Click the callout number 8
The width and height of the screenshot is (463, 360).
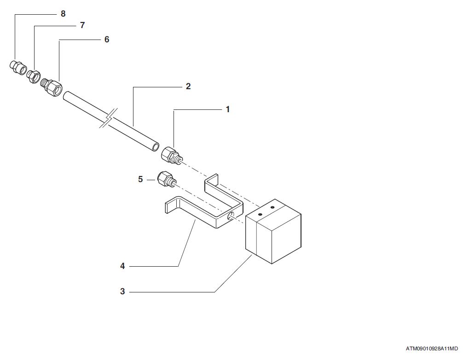(63, 14)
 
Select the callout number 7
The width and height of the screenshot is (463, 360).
(82, 25)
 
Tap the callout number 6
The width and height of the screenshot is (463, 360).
(107, 40)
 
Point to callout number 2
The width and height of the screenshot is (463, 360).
(188, 86)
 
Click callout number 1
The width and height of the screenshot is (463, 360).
(227, 109)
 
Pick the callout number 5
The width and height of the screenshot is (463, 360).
(140, 179)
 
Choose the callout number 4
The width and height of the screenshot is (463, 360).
(122, 266)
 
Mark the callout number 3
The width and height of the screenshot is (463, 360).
(122, 291)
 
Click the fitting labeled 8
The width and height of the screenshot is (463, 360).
(18, 68)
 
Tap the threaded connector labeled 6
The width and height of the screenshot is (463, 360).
(52, 86)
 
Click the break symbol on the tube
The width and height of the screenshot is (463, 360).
(109, 118)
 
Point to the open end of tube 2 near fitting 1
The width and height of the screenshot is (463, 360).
(155, 147)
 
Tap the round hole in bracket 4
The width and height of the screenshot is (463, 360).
(231, 217)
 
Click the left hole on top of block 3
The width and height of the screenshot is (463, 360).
(260, 214)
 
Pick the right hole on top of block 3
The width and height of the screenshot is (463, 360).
(272, 208)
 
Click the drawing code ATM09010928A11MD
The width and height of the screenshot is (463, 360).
(432, 349)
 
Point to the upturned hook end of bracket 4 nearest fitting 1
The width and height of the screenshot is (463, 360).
(211, 181)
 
